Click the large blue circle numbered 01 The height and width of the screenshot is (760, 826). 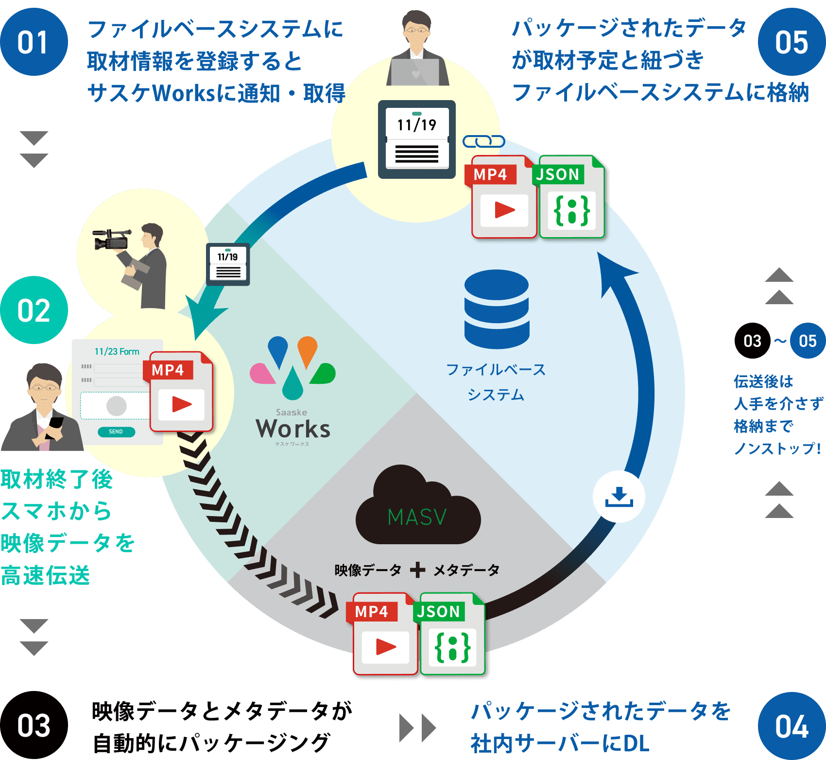click(34, 42)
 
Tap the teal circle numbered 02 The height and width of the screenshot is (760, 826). click(34, 310)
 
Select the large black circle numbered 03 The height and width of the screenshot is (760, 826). click(34, 725)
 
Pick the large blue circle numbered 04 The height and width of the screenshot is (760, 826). click(792, 726)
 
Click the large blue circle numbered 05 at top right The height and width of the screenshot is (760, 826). click(792, 42)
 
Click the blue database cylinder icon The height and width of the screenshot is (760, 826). click(497, 309)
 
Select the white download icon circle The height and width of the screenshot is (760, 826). click(619, 497)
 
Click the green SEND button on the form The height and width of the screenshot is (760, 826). click(116, 432)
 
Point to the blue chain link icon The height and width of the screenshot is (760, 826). click(483, 141)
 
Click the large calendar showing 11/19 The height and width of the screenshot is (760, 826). click(417, 139)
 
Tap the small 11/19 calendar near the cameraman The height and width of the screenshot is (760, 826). click(228, 264)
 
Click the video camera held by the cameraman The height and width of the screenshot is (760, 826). click(112, 239)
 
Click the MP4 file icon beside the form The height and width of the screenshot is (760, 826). click(181, 392)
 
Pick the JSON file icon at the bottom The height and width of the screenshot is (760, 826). click(452, 634)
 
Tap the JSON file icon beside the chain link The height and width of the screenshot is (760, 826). click(571, 197)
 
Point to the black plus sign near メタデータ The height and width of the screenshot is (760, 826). click(417, 570)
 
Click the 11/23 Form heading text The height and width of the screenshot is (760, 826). click(117, 351)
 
